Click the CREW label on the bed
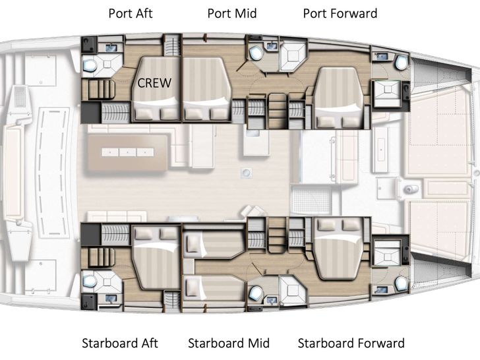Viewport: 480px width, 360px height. (x=154, y=83)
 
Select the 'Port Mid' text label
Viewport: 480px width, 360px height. (x=232, y=13)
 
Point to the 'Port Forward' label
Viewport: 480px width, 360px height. (x=340, y=13)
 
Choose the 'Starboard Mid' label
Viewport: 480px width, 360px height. (x=229, y=343)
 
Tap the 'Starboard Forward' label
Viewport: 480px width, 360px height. (x=351, y=343)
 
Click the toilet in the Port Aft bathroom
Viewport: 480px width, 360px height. (x=90, y=65)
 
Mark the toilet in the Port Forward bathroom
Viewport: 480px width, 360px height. (x=400, y=61)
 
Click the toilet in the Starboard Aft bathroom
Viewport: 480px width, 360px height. (x=90, y=282)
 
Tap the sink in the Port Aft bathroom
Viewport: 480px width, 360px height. (x=111, y=46)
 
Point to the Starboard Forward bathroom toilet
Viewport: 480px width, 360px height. (x=400, y=284)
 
